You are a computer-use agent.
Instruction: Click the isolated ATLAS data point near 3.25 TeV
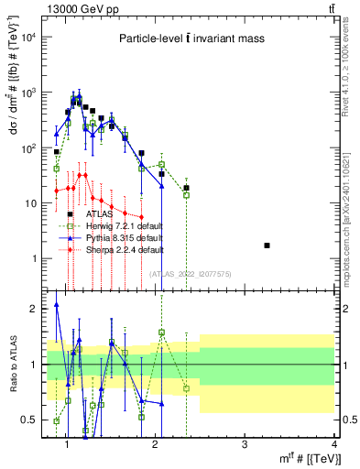tap(267, 245)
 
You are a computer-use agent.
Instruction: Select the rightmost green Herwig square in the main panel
tap(186, 195)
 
